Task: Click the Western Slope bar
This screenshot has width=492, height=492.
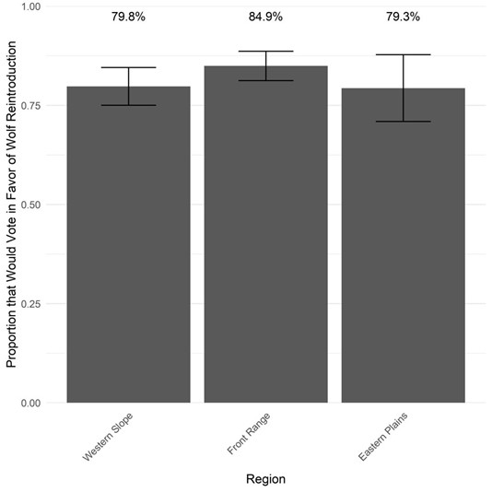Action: coord(128,249)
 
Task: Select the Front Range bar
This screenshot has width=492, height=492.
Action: coord(265,240)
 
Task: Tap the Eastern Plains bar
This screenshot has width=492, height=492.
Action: coord(403,249)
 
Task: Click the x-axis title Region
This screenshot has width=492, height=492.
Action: coord(265,479)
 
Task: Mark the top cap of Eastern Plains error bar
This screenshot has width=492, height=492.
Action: coord(403,55)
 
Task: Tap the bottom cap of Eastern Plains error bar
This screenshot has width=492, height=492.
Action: coord(403,122)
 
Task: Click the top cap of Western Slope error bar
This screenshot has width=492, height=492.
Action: coord(128,68)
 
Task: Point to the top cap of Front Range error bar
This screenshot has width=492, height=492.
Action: coord(265,52)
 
